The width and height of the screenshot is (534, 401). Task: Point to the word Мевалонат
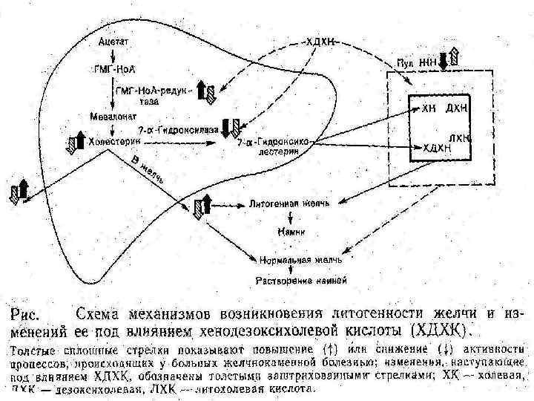109,117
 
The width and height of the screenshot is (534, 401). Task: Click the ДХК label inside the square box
455,110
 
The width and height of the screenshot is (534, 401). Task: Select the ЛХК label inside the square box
460,138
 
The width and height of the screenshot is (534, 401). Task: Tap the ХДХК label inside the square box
436,149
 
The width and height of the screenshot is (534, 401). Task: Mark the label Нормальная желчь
300,260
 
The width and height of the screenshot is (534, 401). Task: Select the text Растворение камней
299,281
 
